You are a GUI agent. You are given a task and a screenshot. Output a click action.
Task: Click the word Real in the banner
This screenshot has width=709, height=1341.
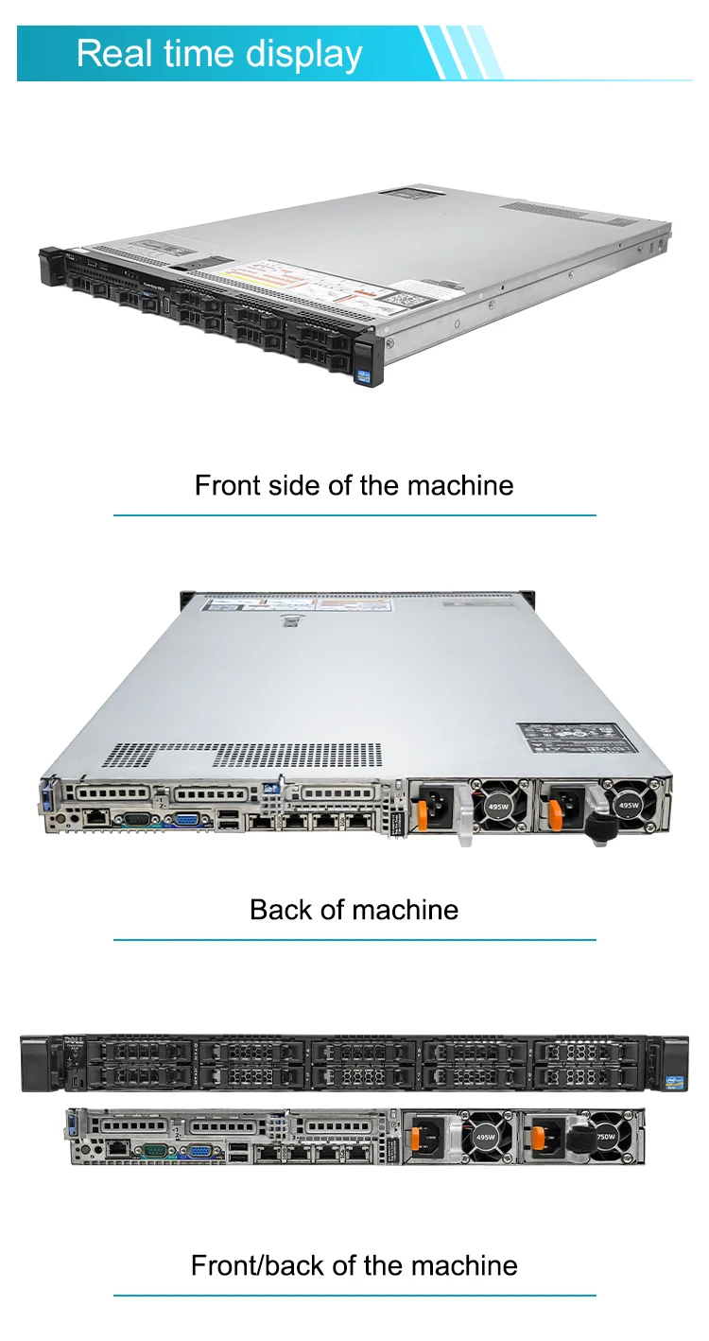coord(112,53)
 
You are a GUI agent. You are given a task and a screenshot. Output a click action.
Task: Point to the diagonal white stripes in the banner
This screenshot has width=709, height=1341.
coord(461,52)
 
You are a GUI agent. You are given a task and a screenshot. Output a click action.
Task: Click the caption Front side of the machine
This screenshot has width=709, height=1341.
coord(354,485)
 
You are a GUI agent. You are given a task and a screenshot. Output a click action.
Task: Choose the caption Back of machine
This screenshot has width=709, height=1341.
coord(354,910)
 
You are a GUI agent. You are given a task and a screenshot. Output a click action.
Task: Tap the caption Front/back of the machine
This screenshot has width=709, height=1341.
coord(354,1265)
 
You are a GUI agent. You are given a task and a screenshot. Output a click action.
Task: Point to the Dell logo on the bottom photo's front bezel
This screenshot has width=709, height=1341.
coord(70,1043)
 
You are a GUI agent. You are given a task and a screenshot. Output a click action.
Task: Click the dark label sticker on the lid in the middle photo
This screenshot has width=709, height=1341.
coord(570,738)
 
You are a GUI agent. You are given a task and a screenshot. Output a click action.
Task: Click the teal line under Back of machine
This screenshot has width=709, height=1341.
coord(354,940)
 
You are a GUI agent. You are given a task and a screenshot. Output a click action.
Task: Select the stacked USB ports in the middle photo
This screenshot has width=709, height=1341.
coord(228,821)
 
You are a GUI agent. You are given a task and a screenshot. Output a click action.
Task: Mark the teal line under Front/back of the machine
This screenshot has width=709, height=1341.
coord(354,1296)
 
